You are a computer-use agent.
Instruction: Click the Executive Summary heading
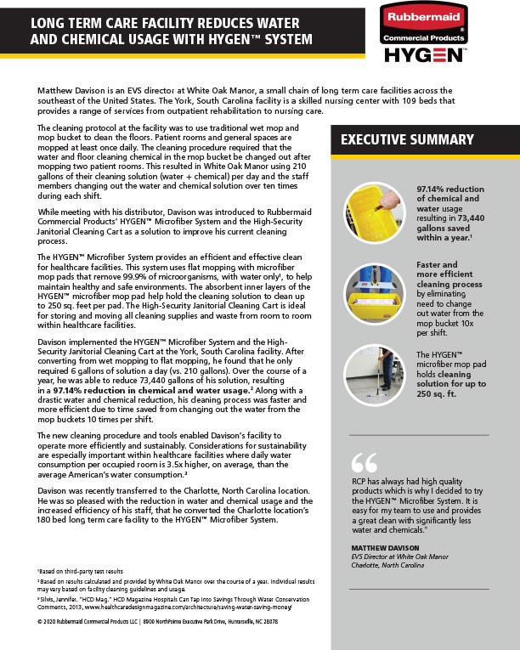(396, 140)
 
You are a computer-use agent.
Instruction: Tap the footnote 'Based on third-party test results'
(81, 572)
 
